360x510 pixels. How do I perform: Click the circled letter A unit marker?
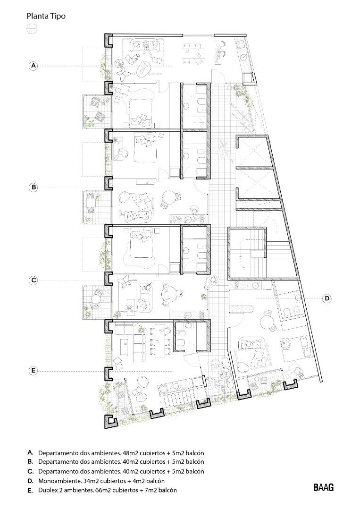[x=33, y=66]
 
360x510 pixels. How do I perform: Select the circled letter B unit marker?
[x=33, y=187]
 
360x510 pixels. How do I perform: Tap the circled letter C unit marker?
[x=33, y=280]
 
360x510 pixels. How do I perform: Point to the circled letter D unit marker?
[x=327, y=298]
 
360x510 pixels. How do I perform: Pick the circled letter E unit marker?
[x=33, y=371]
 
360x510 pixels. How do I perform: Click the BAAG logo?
[x=324, y=487]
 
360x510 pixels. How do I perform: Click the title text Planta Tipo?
[x=46, y=16]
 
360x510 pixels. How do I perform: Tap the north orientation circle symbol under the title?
[x=32, y=29]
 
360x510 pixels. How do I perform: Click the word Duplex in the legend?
[x=46, y=490]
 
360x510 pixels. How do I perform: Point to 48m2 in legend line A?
[x=125, y=453]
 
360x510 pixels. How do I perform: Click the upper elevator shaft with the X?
[x=253, y=152]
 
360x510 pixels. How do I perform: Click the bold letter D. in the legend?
[x=30, y=481]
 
